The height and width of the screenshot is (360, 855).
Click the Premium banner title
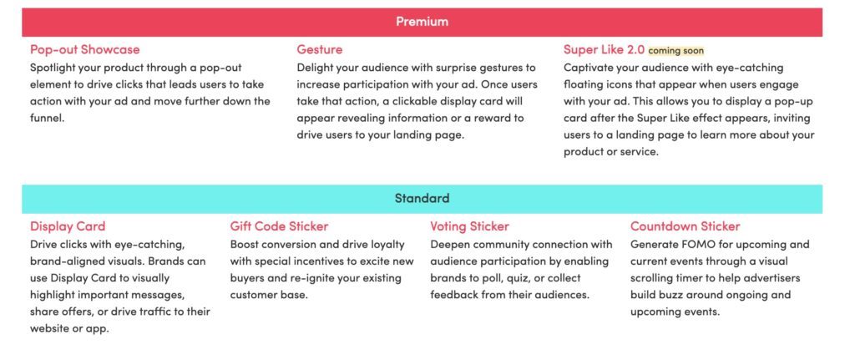coord(422,22)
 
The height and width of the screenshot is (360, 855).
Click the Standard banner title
coord(422,198)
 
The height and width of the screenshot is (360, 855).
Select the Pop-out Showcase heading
coord(84,49)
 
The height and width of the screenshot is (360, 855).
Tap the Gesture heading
coord(320,49)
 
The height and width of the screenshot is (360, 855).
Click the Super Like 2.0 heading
coord(605,49)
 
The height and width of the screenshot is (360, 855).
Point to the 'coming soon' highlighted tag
coord(676,51)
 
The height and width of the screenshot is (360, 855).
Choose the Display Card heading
coord(68,226)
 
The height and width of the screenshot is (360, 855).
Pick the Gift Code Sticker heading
coord(279,226)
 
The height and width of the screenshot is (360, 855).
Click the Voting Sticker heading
coord(469,226)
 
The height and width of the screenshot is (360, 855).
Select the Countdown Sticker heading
coord(686,226)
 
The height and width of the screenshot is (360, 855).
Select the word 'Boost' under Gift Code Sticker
coord(243,245)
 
